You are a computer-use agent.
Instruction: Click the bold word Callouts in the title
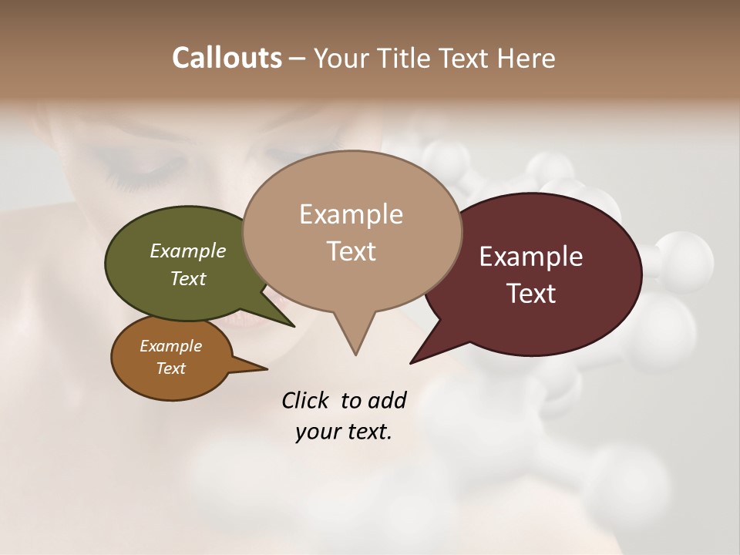tap(227, 58)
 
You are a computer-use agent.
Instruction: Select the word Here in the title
tap(526, 58)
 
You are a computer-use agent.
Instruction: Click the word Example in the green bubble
tap(188, 251)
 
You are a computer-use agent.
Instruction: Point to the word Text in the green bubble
tap(188, 278)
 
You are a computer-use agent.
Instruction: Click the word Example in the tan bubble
tap(351, 214)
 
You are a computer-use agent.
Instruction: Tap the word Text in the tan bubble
tap(351, 251)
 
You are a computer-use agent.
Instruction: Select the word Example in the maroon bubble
tap(531, 256)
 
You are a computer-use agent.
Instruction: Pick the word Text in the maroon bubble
tap(531, 293)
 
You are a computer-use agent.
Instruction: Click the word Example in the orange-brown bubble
tap(170, 346)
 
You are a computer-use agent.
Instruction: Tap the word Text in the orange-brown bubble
tap(170, 368)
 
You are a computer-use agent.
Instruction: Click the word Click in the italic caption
tap(306, 400)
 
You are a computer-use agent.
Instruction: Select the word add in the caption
tap(386, 400)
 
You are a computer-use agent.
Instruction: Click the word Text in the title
tap(467, 58)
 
